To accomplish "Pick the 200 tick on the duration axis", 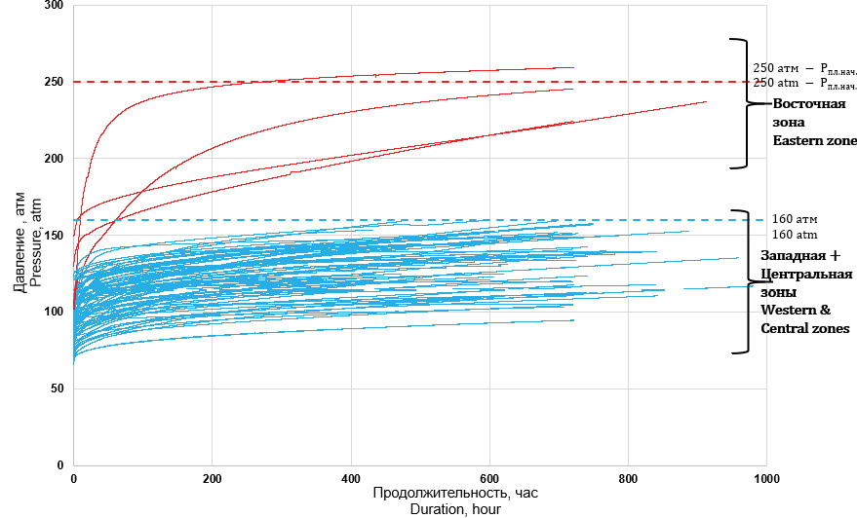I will [213, 479].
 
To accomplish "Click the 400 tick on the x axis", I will [351, 479].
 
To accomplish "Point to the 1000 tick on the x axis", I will [765, 479].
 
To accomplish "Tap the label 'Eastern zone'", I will [814, 141].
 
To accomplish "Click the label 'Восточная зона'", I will [801, 114].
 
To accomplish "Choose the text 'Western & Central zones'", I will [803, 319].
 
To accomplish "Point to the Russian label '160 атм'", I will [796, 220].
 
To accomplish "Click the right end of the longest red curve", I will [706, 101].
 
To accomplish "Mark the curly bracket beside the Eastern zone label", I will [741, 103].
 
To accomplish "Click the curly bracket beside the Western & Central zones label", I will [743, 281].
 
